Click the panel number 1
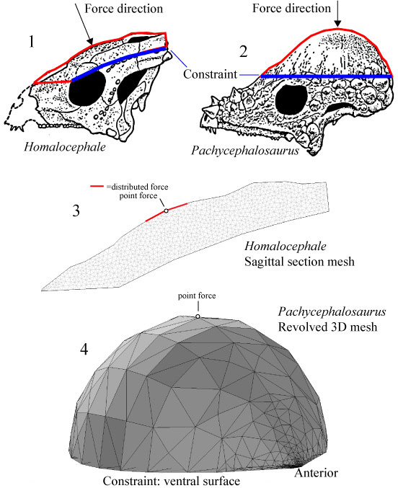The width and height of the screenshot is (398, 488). (x=31, y=41)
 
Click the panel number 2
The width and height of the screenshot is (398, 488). (x=243, y=51)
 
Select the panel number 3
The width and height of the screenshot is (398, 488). (x=76, y=210)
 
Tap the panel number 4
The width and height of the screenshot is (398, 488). (x=84, y=350)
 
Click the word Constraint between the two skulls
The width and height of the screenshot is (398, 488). (x=211, y=74)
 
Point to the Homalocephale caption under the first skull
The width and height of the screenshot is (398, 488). (x=65, y=146)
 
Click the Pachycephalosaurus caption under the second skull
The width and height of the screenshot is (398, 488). (x=245, y=151)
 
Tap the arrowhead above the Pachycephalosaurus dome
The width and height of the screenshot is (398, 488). (x=337, y=23)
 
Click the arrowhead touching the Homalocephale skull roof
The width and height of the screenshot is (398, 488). (x=89, y=41)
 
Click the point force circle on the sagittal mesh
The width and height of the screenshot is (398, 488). (x=166, y=210)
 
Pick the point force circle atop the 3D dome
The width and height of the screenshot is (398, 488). (x=198, y=316)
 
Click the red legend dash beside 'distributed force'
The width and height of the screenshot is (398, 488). (x=97, y=187)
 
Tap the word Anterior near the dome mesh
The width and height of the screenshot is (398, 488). (x=316, y=473)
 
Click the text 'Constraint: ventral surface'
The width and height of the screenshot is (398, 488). (x=172, y=482)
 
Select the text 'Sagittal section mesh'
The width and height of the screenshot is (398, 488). (x=299, y=262)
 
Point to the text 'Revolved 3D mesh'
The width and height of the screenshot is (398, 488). (x=327, y=327)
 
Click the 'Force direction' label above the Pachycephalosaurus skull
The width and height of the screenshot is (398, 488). (x=291, y=8)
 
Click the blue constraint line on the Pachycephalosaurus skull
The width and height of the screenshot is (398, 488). (x=326, y=76)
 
